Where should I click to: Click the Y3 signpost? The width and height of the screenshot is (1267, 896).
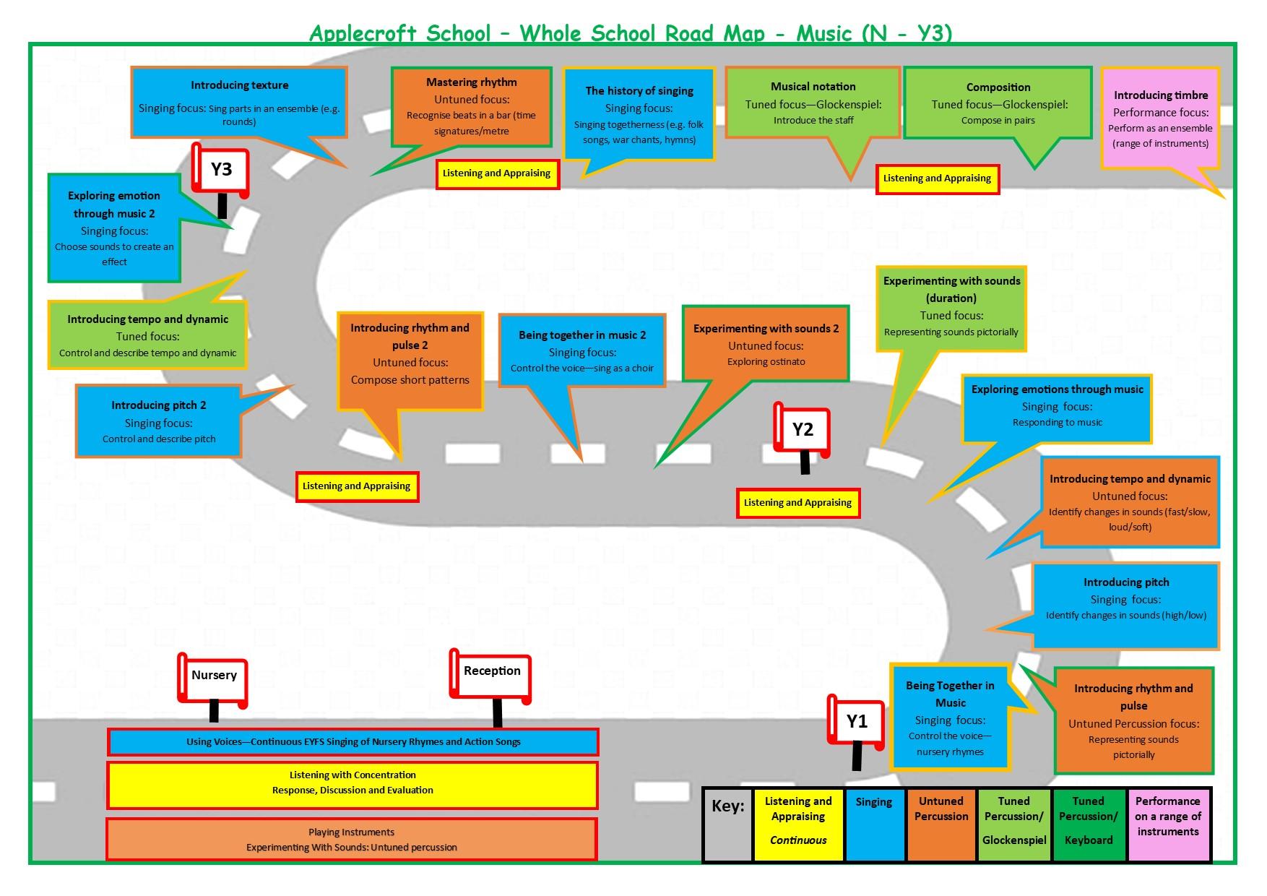(221, 171)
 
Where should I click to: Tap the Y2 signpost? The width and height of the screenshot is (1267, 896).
(803, 430)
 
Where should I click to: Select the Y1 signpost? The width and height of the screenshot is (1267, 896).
(857, 722)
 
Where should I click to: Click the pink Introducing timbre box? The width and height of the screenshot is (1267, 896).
(1160, 119)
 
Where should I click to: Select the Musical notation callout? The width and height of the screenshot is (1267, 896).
(813, 103)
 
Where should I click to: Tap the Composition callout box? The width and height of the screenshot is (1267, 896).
(998, 103)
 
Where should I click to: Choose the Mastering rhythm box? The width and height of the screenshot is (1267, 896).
(472, 106)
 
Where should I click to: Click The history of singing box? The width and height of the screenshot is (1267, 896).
(639, 114)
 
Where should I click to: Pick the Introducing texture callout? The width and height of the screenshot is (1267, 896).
(239, 102)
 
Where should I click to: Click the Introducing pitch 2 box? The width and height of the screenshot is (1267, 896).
(159, 421)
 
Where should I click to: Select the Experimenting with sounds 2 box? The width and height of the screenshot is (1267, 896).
(766, 344)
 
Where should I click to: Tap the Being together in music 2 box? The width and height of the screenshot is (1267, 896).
(582, 350)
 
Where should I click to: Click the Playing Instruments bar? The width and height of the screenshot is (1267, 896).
(352, 839)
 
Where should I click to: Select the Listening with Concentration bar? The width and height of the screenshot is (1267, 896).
(353, 783)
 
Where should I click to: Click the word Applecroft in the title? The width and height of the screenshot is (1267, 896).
(363, 33)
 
